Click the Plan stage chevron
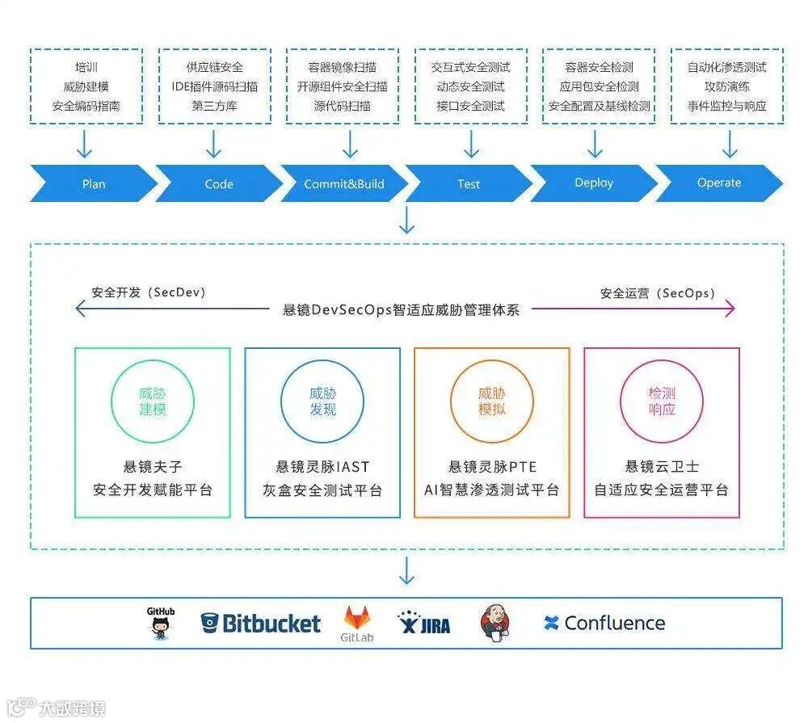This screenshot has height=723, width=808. tap(94, 183)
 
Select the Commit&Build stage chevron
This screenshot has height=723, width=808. tap(344, 183)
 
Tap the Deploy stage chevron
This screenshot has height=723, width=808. tap(594, 183)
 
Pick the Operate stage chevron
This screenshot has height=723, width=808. tap(719, 183)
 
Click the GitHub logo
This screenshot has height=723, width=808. tap(161, 623)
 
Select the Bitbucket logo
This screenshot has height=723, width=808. tap(260, 623)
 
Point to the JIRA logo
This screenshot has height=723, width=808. tap(424, 623)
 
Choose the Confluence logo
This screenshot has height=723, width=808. tap(604, 623)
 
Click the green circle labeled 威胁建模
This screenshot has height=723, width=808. tap(153, 401)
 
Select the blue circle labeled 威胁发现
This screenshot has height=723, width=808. tap(322, 401)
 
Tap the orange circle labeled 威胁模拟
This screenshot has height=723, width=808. tap(492, 401)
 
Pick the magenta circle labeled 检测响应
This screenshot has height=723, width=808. tap(662, 401)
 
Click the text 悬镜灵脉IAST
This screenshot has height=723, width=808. tap(322, 466)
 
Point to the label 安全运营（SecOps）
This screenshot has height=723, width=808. tap(658, 293)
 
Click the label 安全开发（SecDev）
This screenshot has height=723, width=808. tap(149, 292)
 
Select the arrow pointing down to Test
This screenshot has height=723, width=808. tap(471, 145)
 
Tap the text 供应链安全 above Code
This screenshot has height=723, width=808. tap(214, 67)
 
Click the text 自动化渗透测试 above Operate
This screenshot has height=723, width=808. tap(727, 67)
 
